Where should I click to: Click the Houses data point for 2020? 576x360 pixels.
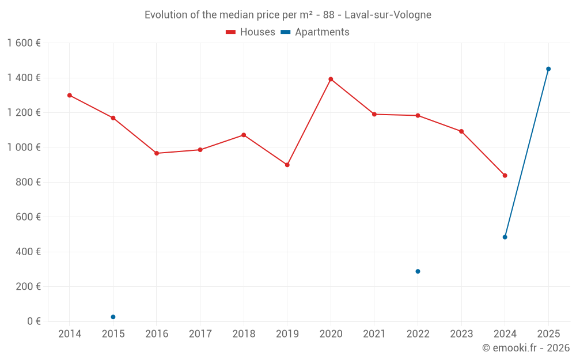click(331, 79)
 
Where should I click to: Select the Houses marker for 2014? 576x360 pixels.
click(70, 95)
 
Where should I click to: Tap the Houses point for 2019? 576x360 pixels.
click(287, 165)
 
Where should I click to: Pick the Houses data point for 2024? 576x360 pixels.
click(505, 175)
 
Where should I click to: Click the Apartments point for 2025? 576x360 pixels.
click(548, 69)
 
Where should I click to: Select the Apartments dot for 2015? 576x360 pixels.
click(113, 317)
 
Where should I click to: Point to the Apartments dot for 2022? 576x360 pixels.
click(418, 271)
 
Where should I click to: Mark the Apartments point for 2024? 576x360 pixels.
click(505, 237)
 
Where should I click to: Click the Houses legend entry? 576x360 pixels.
click(251, 32)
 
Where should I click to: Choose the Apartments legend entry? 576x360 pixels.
click(315, 32)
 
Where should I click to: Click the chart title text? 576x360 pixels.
click(288, 15)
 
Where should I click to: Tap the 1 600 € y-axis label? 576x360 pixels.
click(24, 43)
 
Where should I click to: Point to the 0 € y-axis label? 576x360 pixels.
click(34, 321)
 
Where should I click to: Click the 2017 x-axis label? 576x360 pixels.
click(200, 334)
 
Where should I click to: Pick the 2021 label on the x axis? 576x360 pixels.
click(374, 334)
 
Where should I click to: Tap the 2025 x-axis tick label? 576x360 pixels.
click(548, 334)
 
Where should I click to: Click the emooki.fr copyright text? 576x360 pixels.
click(525, 348)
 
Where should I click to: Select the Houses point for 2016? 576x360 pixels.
click(157, 153)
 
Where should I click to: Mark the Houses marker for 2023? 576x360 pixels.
click(461, 131)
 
